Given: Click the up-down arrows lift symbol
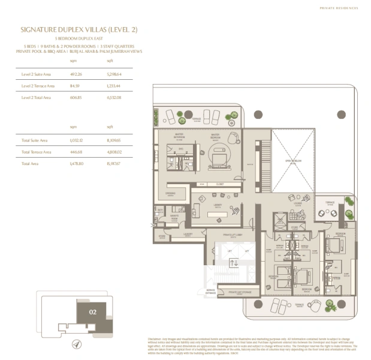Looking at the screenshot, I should (x=234, y=262).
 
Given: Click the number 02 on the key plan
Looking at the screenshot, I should (x=92, y=312).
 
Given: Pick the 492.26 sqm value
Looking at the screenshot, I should (x=76, y=75).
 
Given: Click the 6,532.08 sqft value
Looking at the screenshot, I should (x=113, y=97).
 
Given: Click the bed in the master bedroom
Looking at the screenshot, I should (x=218, y=158).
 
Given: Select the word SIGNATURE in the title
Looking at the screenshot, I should (x=43, y=28).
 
